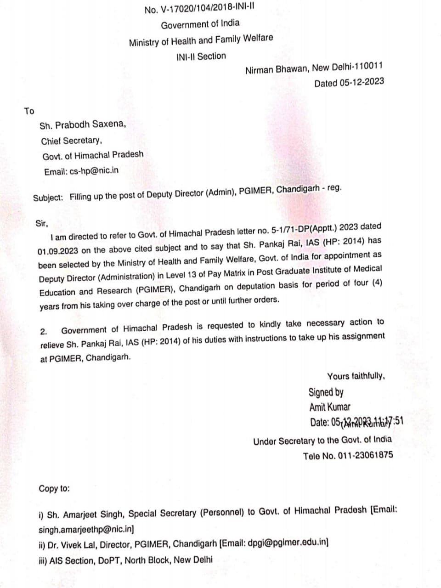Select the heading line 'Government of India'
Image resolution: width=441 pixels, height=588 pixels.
(x=200, y=24)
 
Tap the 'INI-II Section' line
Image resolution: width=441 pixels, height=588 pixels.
(x=201, y=57)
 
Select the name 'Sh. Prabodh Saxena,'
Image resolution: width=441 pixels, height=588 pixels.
(x=82, y=125)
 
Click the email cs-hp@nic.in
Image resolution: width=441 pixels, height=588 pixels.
(x=94, y=171)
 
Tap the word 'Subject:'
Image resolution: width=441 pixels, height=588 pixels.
(x=48, y=198)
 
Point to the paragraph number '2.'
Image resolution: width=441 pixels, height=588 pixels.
(x=44, y=331)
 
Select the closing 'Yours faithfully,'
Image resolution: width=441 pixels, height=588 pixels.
(x=356, y=376)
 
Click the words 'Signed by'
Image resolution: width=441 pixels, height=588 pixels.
(x=326, y=392)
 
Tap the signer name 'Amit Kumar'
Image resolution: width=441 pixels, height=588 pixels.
(x=329, y=407)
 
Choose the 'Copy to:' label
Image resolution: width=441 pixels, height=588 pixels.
(x=54, y=488)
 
